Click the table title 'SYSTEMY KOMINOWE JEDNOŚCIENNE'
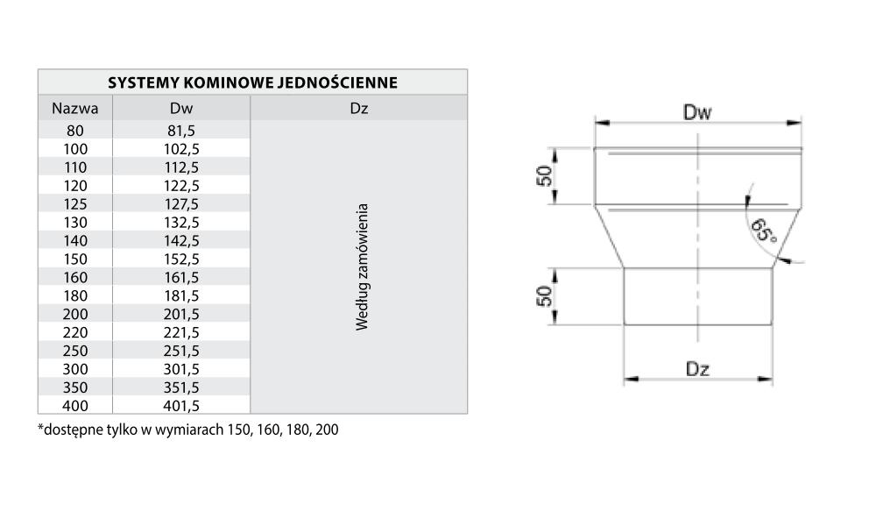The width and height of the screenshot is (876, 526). (252, 82)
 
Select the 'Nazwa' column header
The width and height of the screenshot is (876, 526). (74, 109)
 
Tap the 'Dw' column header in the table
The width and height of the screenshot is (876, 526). (181, 109)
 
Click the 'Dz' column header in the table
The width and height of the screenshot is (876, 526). (358, 109)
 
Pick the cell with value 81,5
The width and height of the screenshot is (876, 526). (181, 131)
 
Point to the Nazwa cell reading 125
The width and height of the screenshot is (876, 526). (75, 204)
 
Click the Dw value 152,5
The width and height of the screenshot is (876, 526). (181, 259)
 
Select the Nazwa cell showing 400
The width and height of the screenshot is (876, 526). (75, 406)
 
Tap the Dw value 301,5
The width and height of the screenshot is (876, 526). (181, 369)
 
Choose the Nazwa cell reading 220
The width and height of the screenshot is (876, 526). (75, 332)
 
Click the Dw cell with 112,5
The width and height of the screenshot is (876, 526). (181, 167)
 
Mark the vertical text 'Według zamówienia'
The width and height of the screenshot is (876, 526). (362, 267)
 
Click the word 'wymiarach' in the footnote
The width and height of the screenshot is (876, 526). (190, 430)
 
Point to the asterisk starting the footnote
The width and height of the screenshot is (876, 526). (40, 427)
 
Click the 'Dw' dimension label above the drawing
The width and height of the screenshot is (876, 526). (697, 112)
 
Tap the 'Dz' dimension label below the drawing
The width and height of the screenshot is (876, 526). (698, 369)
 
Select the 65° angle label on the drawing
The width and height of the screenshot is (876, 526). (764, 231)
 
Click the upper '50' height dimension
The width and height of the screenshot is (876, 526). (544, 176)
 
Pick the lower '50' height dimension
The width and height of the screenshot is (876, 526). (544, 296)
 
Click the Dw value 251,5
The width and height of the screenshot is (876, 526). (181, 351)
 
